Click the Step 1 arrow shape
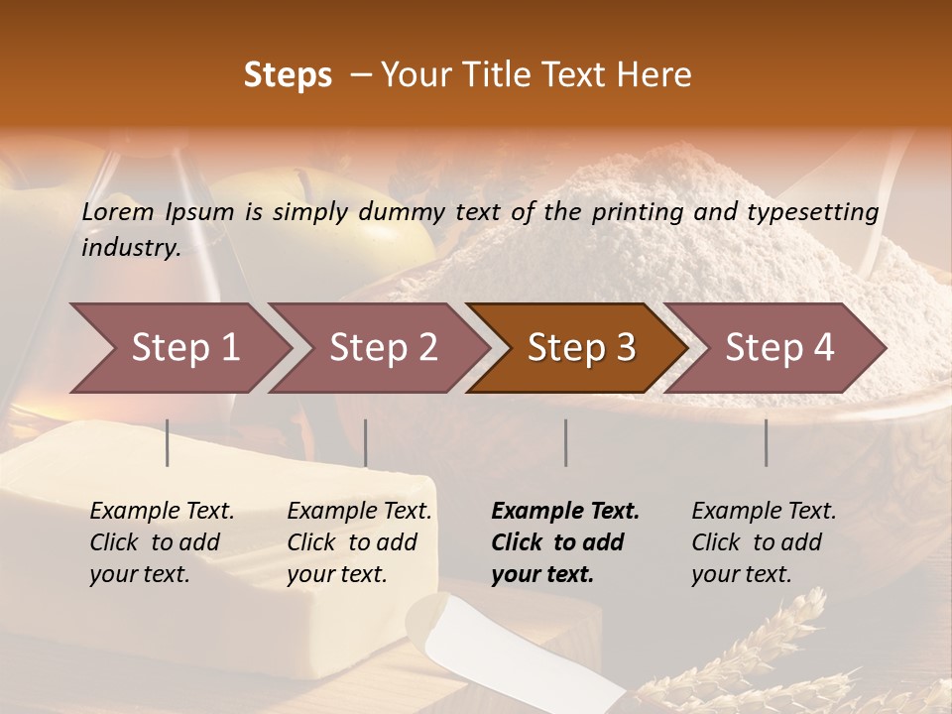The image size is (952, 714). [178, 348]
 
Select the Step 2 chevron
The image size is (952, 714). [382, 348]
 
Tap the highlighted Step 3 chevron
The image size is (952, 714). [580, 348]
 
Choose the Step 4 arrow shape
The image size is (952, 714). [778, 348]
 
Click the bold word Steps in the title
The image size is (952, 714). [288, 75]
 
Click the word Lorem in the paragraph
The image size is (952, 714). [117, 212]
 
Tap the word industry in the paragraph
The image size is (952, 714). [131, 248]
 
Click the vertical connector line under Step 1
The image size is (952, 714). [168, 442]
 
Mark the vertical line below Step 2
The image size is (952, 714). [366, 442]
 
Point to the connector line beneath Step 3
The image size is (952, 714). [566, 442]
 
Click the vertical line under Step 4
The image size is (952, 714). [767, 442]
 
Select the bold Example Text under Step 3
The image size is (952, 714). [565, 512]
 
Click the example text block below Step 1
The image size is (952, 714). [162, 542]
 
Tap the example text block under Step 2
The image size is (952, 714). [359, 542]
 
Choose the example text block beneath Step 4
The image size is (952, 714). [764, 542]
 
